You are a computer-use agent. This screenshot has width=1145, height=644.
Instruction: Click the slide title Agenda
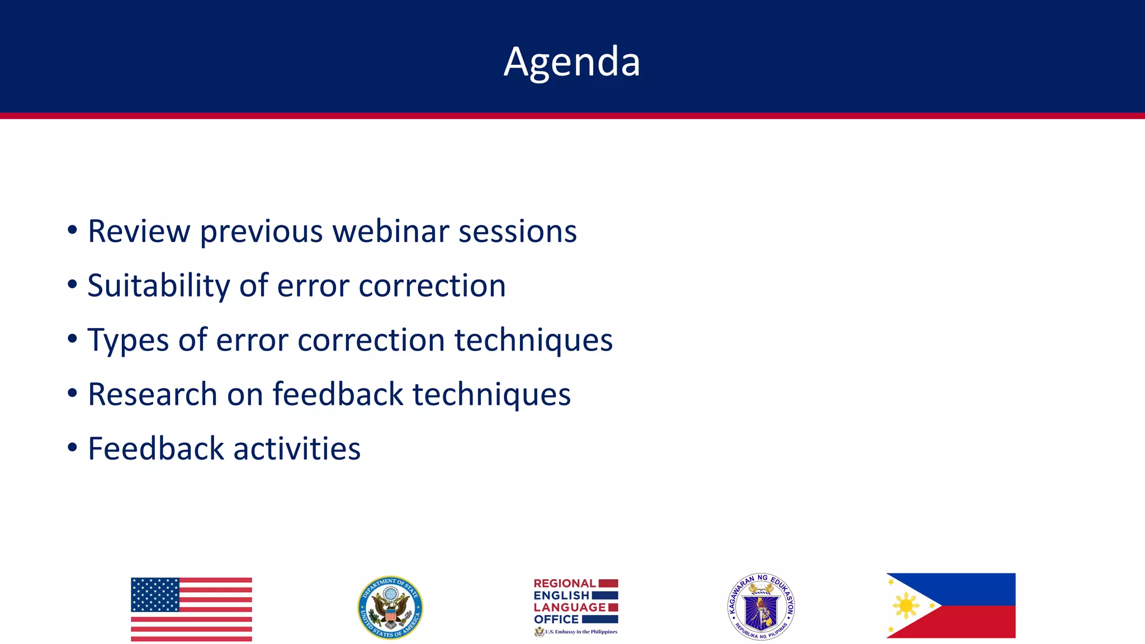pyautogui.click(x=571, y=61)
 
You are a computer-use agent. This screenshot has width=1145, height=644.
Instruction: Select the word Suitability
pyautogui.click(x=158, y=286)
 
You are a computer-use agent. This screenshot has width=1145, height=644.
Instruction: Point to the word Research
pyautogui.click(x=152, y=394)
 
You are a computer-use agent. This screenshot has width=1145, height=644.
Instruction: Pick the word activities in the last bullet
pyautogui.click(x=297, y=448)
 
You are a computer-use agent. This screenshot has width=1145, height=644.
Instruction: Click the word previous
pyautogui.click(x=261, y=232)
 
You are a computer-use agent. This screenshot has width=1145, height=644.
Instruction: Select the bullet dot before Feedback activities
pyautogui.click(x=72, y=447)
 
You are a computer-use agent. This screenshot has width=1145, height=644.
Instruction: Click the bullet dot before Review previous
pyautogui.click(x=72, y=230)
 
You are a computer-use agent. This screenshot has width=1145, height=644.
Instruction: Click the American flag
pyautogui.click(x=191, y=609)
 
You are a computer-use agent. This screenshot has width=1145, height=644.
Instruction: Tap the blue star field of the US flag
pyautogui.click(x=155, y=594)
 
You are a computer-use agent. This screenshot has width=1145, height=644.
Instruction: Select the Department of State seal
pyautogui.click(x=390, y=608)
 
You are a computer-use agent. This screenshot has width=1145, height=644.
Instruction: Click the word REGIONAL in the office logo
pyautogui.click(x=564, y=583)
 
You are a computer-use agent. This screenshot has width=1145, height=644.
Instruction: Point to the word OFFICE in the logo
pyautogui.click(x=556, y=619)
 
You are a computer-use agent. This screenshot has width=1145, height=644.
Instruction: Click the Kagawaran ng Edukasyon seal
pyautogui.click(x=761, y=607)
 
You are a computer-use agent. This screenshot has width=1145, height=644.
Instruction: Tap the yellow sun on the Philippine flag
pyautogui.click(x=906, y=606)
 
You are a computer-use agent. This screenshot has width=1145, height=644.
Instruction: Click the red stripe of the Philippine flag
pyautogui.click(x=978, y=622)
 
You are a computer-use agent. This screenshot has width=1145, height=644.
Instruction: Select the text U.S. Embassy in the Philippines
pyautogui.click(x=581, y=632)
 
